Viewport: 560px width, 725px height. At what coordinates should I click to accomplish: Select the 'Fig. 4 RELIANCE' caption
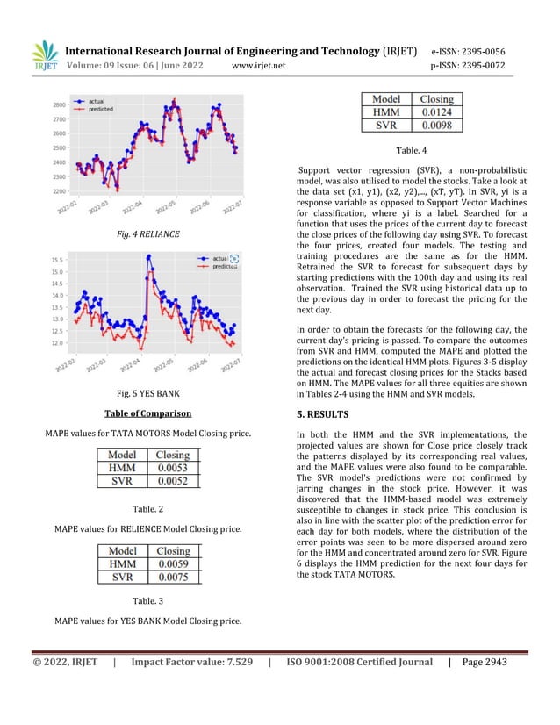click(x=149, y=234)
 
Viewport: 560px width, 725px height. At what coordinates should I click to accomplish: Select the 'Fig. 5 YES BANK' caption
click(x=149, y=393)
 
